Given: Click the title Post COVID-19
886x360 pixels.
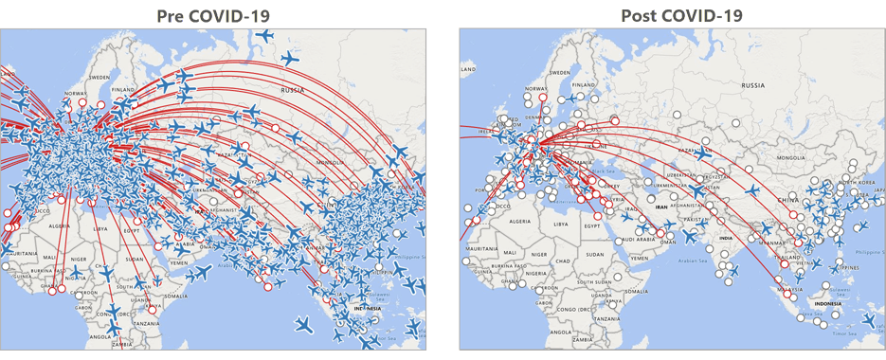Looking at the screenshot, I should tap(681, 15).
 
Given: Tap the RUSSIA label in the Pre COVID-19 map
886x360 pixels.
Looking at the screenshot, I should tap(308, 89).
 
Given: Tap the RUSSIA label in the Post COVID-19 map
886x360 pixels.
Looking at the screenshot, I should tap(751, 85).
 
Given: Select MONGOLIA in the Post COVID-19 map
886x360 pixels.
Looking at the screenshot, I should tap(766, 158).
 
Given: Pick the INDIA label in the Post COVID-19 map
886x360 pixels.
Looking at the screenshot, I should tap(726, 239).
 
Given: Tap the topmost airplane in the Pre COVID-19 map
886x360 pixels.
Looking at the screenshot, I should tap(265, 37).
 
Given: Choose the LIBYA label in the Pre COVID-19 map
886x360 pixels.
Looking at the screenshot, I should tap(99, 226).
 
